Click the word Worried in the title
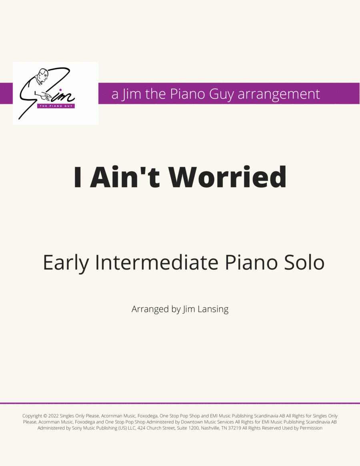[x=228, y=177]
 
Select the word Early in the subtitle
[x=66, y=263]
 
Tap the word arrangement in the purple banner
[x=279, y=94]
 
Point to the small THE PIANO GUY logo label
[x=56, y=106]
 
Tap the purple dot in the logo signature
[x=60, y=90]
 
